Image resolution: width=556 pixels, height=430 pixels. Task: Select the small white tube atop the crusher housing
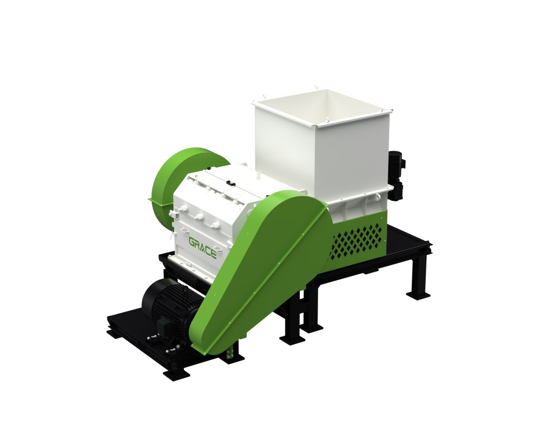[257, 174]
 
